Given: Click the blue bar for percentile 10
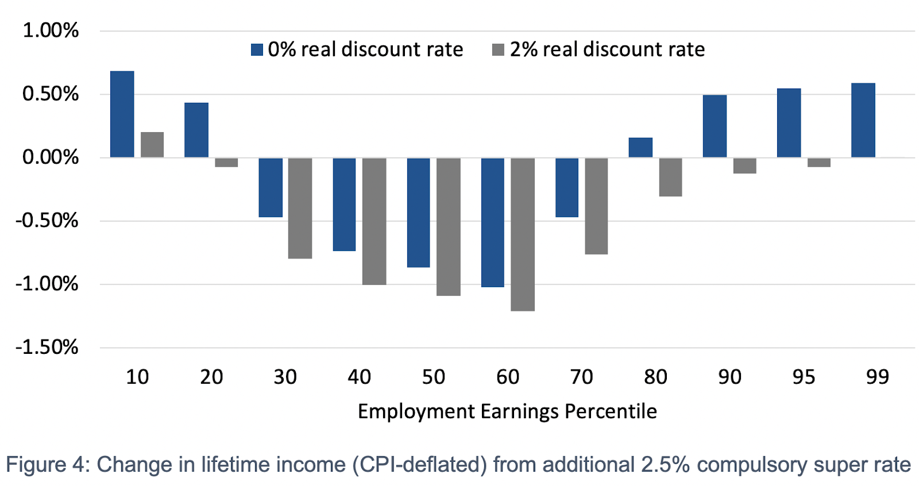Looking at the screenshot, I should point(122,114).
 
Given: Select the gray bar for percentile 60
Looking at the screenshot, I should point(523,234).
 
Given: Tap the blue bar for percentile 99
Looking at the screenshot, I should point(863,120).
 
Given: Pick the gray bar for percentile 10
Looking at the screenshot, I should point(152,145).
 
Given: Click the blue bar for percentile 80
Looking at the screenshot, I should point(640,148).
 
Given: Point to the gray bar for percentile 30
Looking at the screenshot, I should point(300,208).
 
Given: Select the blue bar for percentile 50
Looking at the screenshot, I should point(418,213).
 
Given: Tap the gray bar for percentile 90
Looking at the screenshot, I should point(744,165).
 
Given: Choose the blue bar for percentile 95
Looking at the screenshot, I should point(789,123).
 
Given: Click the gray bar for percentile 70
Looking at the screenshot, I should point(596,206).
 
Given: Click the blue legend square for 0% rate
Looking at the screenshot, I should point(257,50).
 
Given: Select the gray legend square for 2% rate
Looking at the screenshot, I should point(498,50).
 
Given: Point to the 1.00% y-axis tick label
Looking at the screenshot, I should point(51,30).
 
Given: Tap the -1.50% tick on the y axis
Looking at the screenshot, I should point(47,347).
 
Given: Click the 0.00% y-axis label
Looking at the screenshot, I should point(51,157).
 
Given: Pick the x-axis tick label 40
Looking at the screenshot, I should point(360,377).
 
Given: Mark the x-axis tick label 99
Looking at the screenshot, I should point(877,377).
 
